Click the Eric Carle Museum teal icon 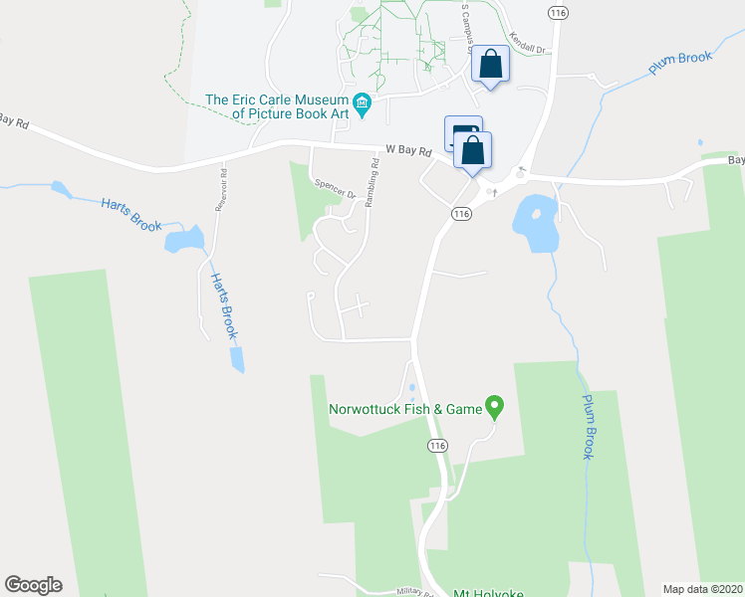pos(362,101)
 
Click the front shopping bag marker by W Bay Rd pos(473,152)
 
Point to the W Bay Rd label pos(408,152)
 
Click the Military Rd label pos(414,590)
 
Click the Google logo pos(33,585)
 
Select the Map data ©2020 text pos(702,589)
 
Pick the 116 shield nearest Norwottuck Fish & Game pos(436,445)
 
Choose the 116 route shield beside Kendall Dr pos(558,11)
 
